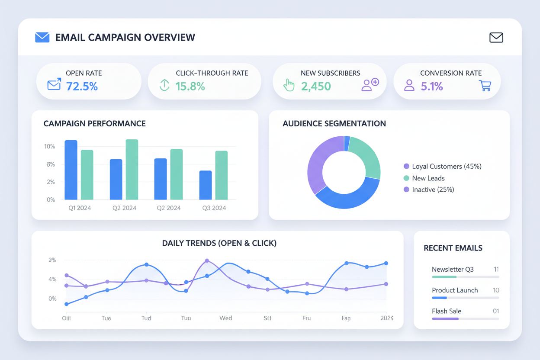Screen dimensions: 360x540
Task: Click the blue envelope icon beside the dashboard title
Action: [42, 37]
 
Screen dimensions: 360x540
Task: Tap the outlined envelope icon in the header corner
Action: [496, 38]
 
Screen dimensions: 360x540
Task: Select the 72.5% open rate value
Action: [82, 87]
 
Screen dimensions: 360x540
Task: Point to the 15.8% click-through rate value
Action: [190, 87]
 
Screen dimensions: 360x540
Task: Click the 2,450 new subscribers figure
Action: [316, 87]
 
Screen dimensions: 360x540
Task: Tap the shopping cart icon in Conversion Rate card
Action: [485, 85]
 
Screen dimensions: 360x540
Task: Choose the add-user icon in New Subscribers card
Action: [370, 85]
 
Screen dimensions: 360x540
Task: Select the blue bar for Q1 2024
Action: [71, 170]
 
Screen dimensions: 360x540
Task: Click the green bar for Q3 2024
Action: [221, 175]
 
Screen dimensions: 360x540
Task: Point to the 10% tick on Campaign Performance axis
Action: [50, 147]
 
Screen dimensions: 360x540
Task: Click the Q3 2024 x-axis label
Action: [214, 208]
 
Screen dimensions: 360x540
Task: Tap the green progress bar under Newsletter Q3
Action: [444, 277]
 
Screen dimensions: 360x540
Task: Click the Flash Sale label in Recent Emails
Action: [447, 311]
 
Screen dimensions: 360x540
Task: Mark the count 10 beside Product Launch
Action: [496, 290]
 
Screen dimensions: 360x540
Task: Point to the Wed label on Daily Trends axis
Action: [225, 318]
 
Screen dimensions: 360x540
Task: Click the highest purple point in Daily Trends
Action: [207, 261]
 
